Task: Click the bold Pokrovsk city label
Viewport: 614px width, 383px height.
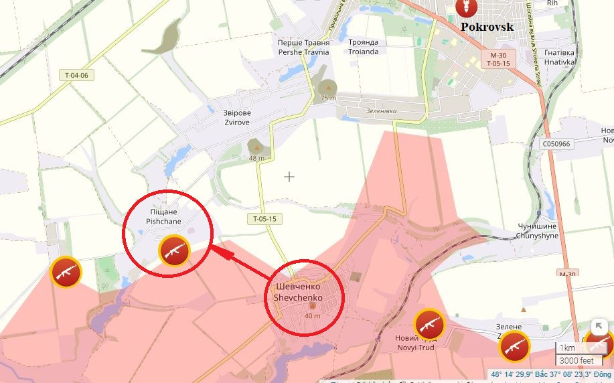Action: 487,27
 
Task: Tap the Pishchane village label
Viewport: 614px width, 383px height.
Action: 164,216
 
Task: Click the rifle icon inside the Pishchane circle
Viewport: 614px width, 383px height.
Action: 174,250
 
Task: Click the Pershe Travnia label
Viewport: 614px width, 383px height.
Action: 303,47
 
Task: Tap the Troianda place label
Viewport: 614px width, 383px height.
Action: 363,47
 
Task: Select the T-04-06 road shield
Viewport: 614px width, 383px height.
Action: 76,75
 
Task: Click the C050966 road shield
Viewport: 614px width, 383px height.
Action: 556,143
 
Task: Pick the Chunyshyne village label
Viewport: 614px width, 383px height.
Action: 537,231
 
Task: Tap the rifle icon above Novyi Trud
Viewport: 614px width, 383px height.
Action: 429,325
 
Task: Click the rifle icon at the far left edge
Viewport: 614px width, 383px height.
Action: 67,272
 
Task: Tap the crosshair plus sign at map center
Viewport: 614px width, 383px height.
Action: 289,177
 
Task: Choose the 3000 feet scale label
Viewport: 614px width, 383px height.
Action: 577,361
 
